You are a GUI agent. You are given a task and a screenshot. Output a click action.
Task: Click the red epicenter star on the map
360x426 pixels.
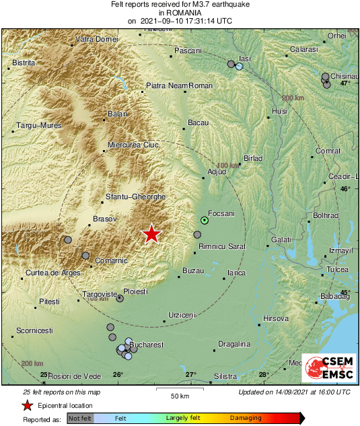coord(152,234)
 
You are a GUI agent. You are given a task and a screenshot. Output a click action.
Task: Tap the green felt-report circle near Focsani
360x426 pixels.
coord(205,220)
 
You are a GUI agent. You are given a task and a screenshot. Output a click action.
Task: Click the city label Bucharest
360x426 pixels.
coord(147,345)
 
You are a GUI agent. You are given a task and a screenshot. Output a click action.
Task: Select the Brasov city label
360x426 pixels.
coord(105,219)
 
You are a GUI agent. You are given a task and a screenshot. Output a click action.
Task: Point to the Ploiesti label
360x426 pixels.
coord(136,292)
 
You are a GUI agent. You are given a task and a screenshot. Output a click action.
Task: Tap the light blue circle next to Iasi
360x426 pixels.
coord(239,67)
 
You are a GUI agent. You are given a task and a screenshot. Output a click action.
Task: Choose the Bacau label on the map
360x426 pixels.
coord(198,122)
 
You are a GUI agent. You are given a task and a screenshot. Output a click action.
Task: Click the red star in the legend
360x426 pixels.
coord(27,405)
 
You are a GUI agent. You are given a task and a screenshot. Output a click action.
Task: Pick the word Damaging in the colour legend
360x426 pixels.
coord(246,418)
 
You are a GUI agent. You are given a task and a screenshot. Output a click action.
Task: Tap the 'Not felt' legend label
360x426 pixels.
coord(80,418)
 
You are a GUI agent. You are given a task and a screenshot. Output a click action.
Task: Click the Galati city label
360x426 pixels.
coord(281,240)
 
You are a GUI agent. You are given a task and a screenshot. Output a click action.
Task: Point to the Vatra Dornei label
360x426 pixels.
coord(97,40)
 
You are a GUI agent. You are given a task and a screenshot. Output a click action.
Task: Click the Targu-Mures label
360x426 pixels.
coord(39,125)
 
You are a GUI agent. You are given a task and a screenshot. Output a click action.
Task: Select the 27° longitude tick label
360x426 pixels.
coord(191,375)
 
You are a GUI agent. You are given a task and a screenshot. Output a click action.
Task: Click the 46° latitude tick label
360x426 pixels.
coord(345,189)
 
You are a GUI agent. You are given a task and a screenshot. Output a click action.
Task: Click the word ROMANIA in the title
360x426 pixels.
coord(180,12)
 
